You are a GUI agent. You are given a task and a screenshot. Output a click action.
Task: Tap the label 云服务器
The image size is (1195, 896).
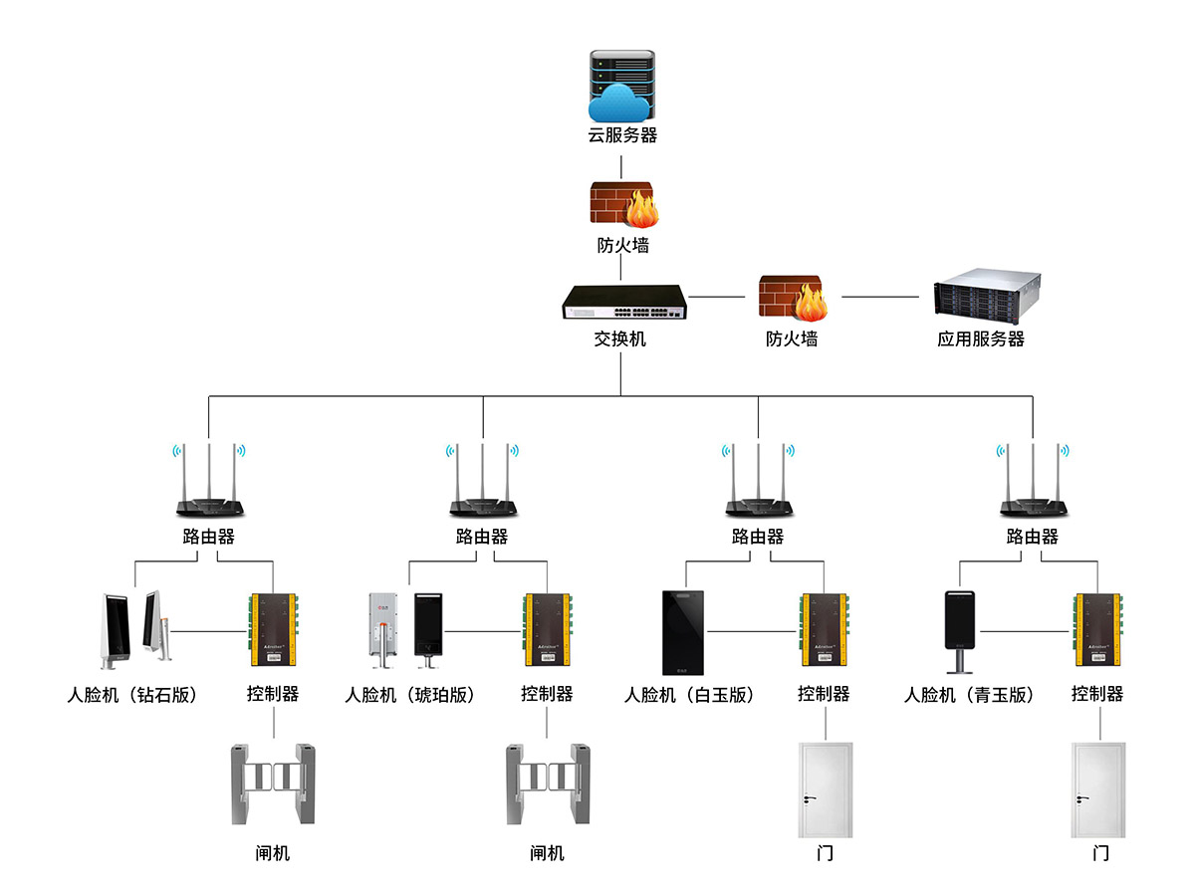coord(622,135)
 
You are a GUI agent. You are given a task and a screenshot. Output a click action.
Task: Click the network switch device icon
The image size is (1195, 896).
coord(624,302)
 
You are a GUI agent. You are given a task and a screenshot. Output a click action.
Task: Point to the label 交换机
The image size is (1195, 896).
coord(620,339)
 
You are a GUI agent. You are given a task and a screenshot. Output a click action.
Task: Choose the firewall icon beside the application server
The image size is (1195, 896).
coord(793,298)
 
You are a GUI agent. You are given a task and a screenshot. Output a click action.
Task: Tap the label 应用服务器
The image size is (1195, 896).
coord(981,339)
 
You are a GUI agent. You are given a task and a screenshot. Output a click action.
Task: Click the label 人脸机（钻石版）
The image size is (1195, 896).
coord(131,695)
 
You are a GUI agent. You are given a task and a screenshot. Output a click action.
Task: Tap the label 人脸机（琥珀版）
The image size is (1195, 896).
coord(409,695)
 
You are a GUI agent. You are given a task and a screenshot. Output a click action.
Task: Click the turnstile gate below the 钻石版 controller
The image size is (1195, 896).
coord(274,783)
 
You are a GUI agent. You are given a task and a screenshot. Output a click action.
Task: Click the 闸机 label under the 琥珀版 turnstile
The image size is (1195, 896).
coord(547,853)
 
